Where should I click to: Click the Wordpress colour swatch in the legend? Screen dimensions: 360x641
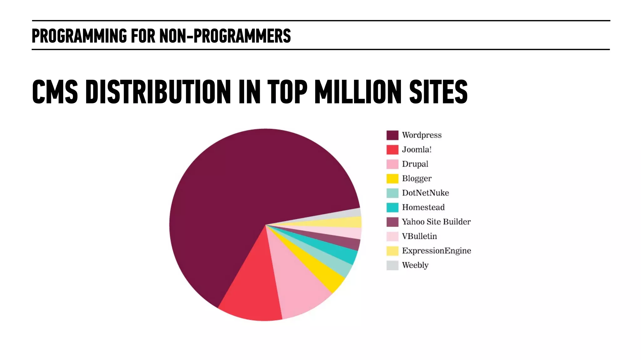coord(392,135)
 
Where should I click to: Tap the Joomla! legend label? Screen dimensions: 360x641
coord(417,150)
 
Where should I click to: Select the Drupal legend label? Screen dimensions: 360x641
coord(415,164)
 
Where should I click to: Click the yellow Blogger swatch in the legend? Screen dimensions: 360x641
coord(392,178)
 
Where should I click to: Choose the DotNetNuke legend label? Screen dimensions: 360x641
coord(425,193)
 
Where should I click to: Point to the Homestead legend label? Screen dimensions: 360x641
coord(423,207)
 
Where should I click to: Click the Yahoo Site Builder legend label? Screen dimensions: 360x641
coord(436,222)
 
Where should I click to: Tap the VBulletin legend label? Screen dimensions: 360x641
coord(419,236)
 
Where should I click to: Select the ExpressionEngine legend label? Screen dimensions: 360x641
coord(436,251)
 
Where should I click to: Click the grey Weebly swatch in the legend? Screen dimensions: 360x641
coord(392,265)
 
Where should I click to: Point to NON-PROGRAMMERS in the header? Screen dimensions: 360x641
coord(225,36)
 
